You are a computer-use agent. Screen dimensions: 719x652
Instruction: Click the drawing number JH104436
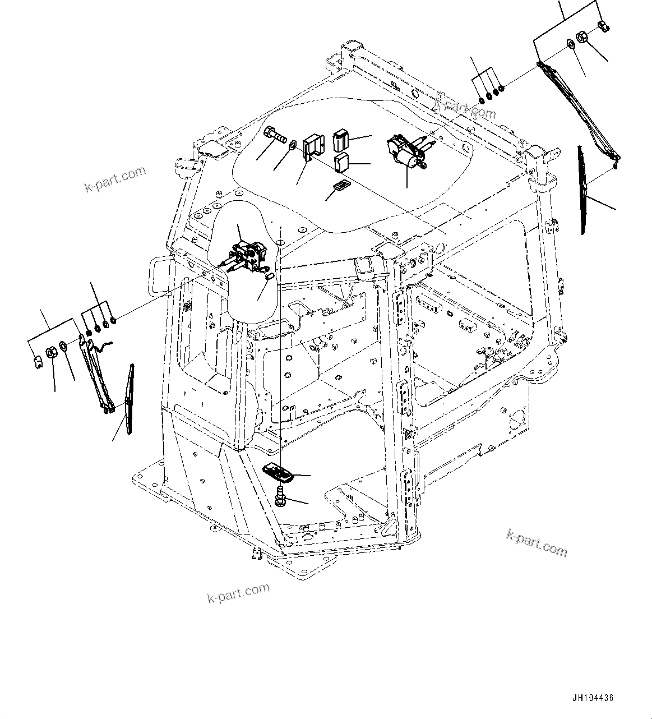pos(593,698)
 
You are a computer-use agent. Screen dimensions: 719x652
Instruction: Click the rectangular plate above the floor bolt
pos(278,472)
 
